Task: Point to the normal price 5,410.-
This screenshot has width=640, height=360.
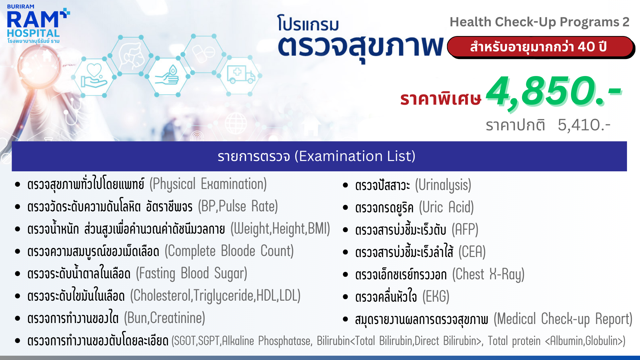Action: coord(584,125)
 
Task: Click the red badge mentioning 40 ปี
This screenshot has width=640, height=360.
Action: coord(540,47)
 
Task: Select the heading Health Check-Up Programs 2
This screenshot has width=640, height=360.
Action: coord(539,22)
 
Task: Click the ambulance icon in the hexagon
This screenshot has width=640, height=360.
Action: coord(241,74)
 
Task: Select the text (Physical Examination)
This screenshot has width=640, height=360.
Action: coord(208,184)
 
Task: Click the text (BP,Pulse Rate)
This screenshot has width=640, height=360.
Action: coord(238,206)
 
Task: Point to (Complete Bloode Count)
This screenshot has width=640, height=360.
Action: coord(229,251)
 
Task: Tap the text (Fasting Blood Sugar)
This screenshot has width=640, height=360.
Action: coord(192,273)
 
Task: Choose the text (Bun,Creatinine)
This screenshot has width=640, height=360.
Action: coord(165,318)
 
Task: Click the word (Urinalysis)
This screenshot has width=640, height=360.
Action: coord(443,185)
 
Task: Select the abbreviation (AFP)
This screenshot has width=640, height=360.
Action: coord(465,230)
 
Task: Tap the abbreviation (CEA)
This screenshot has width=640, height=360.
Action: coord(472,252)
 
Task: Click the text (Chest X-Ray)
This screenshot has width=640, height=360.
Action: coord(488,274)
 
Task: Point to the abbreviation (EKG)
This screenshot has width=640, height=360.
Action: coord(436,297)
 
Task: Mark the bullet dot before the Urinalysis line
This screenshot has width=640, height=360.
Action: coord(345,185)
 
